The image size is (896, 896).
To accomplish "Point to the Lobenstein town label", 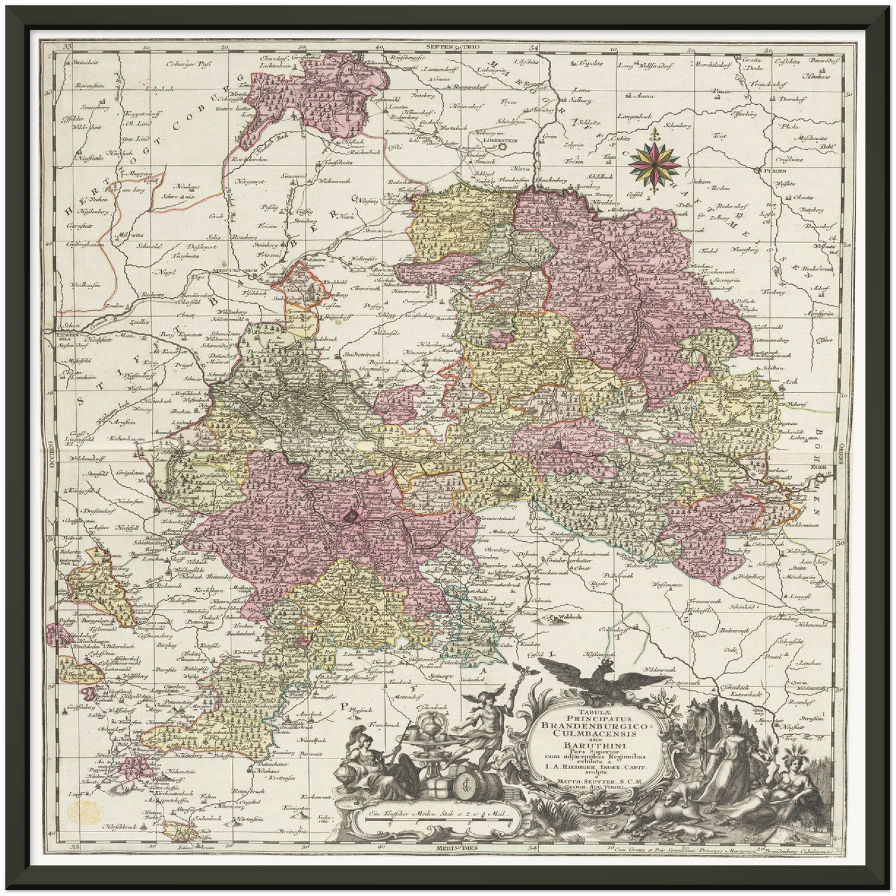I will click(495, 141).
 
